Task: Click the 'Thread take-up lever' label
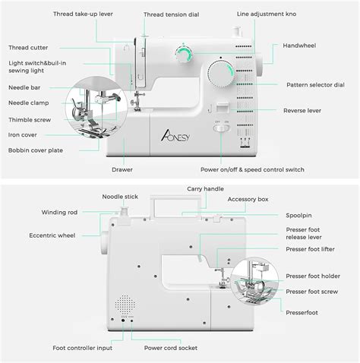coord(83,14)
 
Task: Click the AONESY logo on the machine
coord(175,135)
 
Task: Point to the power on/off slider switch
coord(222,128)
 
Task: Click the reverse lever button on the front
coord(223,107)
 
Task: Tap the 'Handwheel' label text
coord(299,46)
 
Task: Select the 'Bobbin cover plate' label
coord(36,150)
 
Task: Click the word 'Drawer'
coord(122,169)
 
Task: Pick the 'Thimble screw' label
coord(30,120)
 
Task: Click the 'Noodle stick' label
coord(120,197)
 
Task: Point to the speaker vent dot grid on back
coord(125,305)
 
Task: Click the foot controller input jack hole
coord(123,320)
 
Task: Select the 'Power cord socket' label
coord(171,348)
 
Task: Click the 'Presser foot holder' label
coord(313,276)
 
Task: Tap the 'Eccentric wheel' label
coord(52,235)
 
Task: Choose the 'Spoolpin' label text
coord(298,216)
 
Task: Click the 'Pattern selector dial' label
coord(315,85)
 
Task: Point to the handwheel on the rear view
coord(104,242)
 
